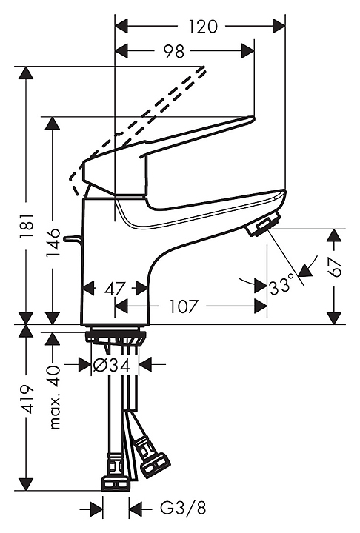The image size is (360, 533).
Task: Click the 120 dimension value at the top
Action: coord(203,27)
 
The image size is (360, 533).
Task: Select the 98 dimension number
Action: coord(174,51)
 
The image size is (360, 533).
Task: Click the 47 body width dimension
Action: coord(116,289)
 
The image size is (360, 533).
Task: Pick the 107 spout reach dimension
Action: coord(183,306)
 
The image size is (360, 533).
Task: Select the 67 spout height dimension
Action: coord(335,267)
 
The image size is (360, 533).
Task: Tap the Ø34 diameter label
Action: coord(112,366)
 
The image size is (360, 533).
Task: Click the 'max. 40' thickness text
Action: coord(54,398)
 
